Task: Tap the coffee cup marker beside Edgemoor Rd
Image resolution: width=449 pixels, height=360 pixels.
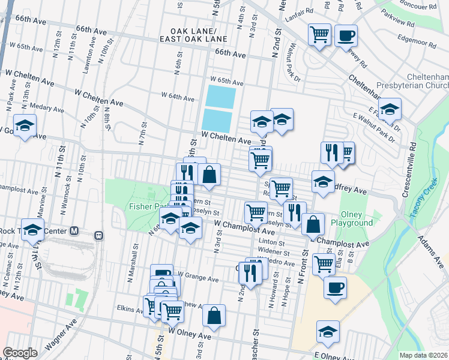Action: click(x=346, y=35)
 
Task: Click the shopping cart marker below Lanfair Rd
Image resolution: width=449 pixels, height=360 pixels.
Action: click(x=319, y=33)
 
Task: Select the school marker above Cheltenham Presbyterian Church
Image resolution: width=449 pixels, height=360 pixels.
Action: click(x=389, y=109)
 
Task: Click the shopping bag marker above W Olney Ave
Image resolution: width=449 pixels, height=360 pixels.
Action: click(x=214, y=315)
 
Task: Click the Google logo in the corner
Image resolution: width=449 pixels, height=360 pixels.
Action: click(x=20, y=352)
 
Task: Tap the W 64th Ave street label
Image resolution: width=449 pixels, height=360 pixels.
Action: click(x=178, y=98)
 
